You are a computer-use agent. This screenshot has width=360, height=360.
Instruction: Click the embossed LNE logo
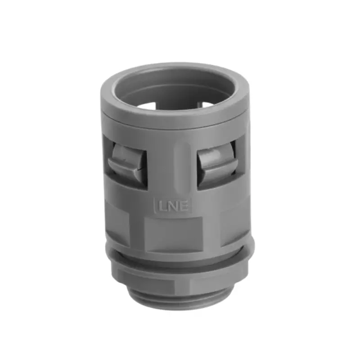[174, 206]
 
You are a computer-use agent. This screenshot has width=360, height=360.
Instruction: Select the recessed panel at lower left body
[118, 225]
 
